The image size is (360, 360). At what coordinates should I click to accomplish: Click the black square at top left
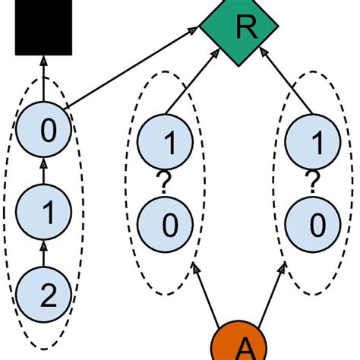tap(43, 28)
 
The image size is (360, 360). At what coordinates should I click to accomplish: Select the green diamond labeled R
tap(244, 28)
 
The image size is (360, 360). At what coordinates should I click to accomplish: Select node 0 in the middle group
tap(168, 223)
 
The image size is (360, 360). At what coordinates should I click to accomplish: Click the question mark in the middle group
tap(162, 183)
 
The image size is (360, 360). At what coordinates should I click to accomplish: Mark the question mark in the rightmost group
tap(311, 183)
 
